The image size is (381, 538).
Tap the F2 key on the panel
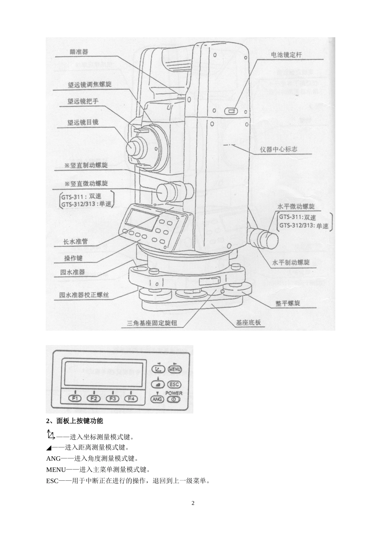94,398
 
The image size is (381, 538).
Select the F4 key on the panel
131,398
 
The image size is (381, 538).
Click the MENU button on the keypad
175,369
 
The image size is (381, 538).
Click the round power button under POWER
174,399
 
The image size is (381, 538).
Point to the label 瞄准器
79,51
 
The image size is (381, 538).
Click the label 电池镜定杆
287,55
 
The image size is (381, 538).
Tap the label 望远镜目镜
83,122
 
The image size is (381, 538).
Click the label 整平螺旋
288,303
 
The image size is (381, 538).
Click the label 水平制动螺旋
291,262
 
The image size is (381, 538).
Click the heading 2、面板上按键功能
75,421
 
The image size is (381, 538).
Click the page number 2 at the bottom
193,503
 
